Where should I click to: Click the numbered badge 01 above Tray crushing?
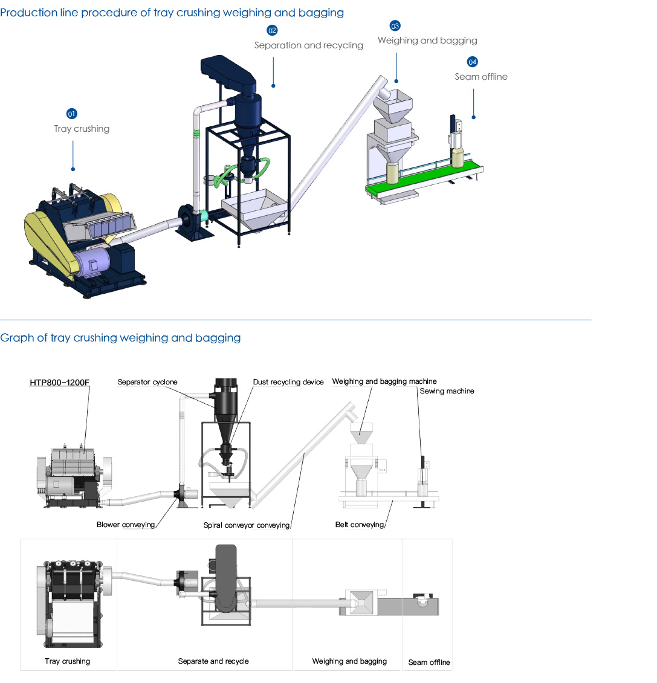[71, 114]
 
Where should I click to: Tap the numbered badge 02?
[272, 30]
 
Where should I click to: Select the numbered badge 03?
[395, 26]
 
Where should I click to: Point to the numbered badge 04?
[473, 62]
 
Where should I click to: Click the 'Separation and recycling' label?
[308, 45]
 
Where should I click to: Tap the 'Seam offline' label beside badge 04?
[481, 77]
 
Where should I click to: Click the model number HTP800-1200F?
[59, 383]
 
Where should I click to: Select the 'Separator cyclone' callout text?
[147, 382]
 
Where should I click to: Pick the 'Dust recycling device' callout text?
[288, 382]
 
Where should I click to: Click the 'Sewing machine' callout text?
[447, 392]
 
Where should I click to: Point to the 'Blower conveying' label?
[126, 525]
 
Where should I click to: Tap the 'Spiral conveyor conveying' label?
[247, 525]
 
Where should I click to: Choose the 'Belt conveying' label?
[359, 525]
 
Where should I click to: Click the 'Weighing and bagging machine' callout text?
[384, 381]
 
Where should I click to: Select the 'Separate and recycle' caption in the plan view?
[213, 661]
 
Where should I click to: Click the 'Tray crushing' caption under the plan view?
[67, 661]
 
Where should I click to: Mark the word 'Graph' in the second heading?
[17, 338]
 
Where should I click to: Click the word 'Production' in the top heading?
[29, 13]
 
